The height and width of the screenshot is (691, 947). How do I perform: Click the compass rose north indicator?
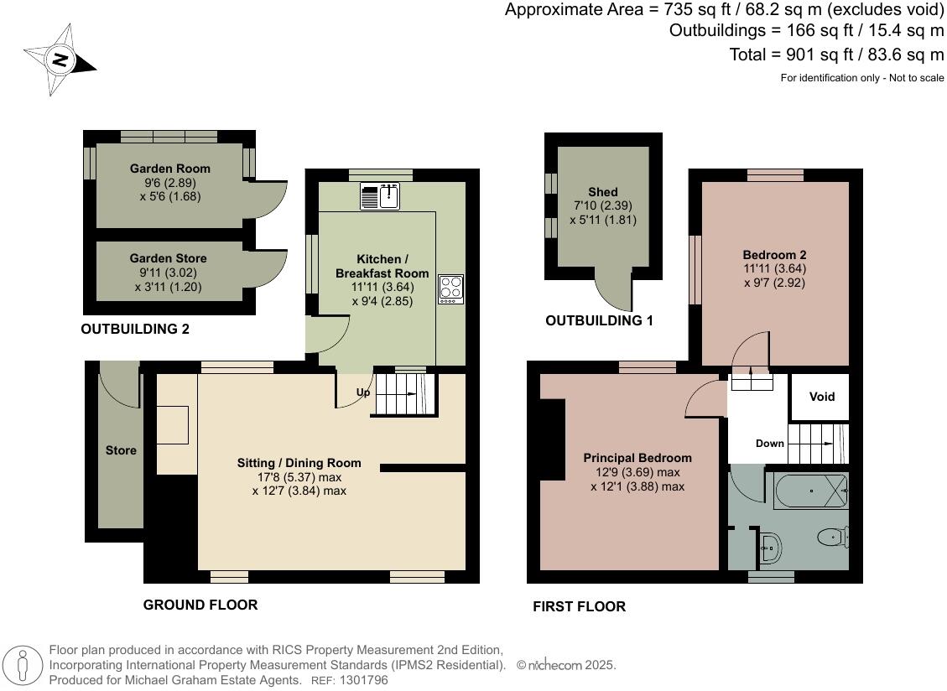click(60, 60)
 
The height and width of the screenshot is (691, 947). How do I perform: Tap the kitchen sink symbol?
click(380, 196)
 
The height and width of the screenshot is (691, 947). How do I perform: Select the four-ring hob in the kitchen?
click(451, 289)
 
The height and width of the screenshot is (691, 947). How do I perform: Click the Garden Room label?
click(170, 169)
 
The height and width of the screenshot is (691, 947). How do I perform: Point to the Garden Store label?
click(168, 258)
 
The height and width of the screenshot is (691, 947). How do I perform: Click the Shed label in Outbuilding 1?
click(603, 192)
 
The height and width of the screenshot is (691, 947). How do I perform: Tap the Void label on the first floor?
click(822, 397)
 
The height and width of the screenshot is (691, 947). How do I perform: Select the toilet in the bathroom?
click(834, 536)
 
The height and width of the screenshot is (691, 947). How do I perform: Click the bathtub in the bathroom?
click(810, 491)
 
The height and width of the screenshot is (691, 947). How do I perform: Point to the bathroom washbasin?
click(770, 548)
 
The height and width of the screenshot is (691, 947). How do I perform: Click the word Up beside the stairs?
click(363, 392)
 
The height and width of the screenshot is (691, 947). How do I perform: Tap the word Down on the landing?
click(770, 444)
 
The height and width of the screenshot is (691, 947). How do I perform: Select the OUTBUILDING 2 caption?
click(135, 330)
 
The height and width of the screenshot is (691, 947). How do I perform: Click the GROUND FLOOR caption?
click(200, 605)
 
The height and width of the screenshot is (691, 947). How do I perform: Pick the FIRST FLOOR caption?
click(580, 606)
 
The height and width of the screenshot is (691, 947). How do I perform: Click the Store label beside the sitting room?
click(121, 450)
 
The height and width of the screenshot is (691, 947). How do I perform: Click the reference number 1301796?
click(363, 680)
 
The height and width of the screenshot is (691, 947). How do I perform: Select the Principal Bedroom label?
click(637, 459)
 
